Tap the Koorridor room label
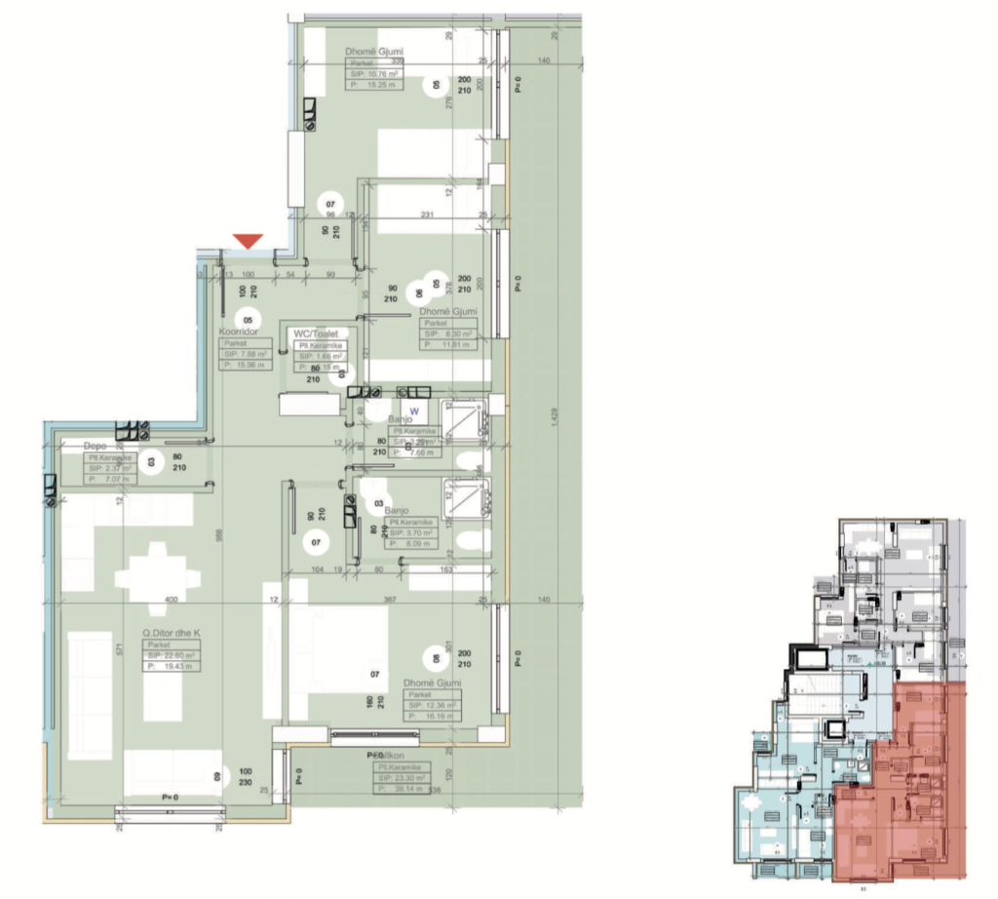(238, 332)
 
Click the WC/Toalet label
(314, 333)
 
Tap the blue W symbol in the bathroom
(412, 410)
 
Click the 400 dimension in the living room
(173, 599)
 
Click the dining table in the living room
(156, 571)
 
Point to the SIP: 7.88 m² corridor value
(246, 355)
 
